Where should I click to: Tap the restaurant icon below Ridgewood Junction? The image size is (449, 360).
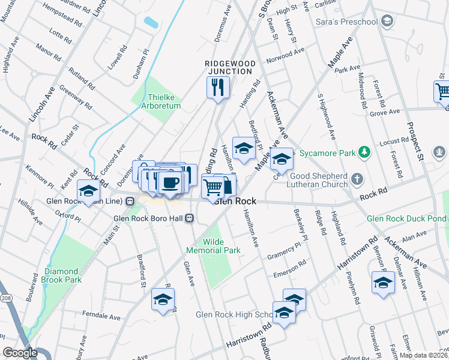click(x=218, y=88)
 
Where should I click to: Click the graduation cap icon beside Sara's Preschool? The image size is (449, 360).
click(x=387, y=22)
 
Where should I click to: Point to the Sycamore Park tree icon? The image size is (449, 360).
click(x=363, y=153)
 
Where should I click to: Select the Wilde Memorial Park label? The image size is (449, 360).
click(x=222, y=246)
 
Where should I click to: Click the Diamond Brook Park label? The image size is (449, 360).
click(x=62, y=275)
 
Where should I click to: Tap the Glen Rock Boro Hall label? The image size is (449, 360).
click(x=149, y=218)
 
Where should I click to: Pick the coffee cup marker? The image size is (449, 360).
click(x=170, y=181)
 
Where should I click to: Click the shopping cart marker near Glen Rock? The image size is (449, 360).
click(x=212, y=187)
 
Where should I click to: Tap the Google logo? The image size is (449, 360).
click(x=20, y=353)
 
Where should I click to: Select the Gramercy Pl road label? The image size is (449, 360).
click(x=284, y=250)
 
